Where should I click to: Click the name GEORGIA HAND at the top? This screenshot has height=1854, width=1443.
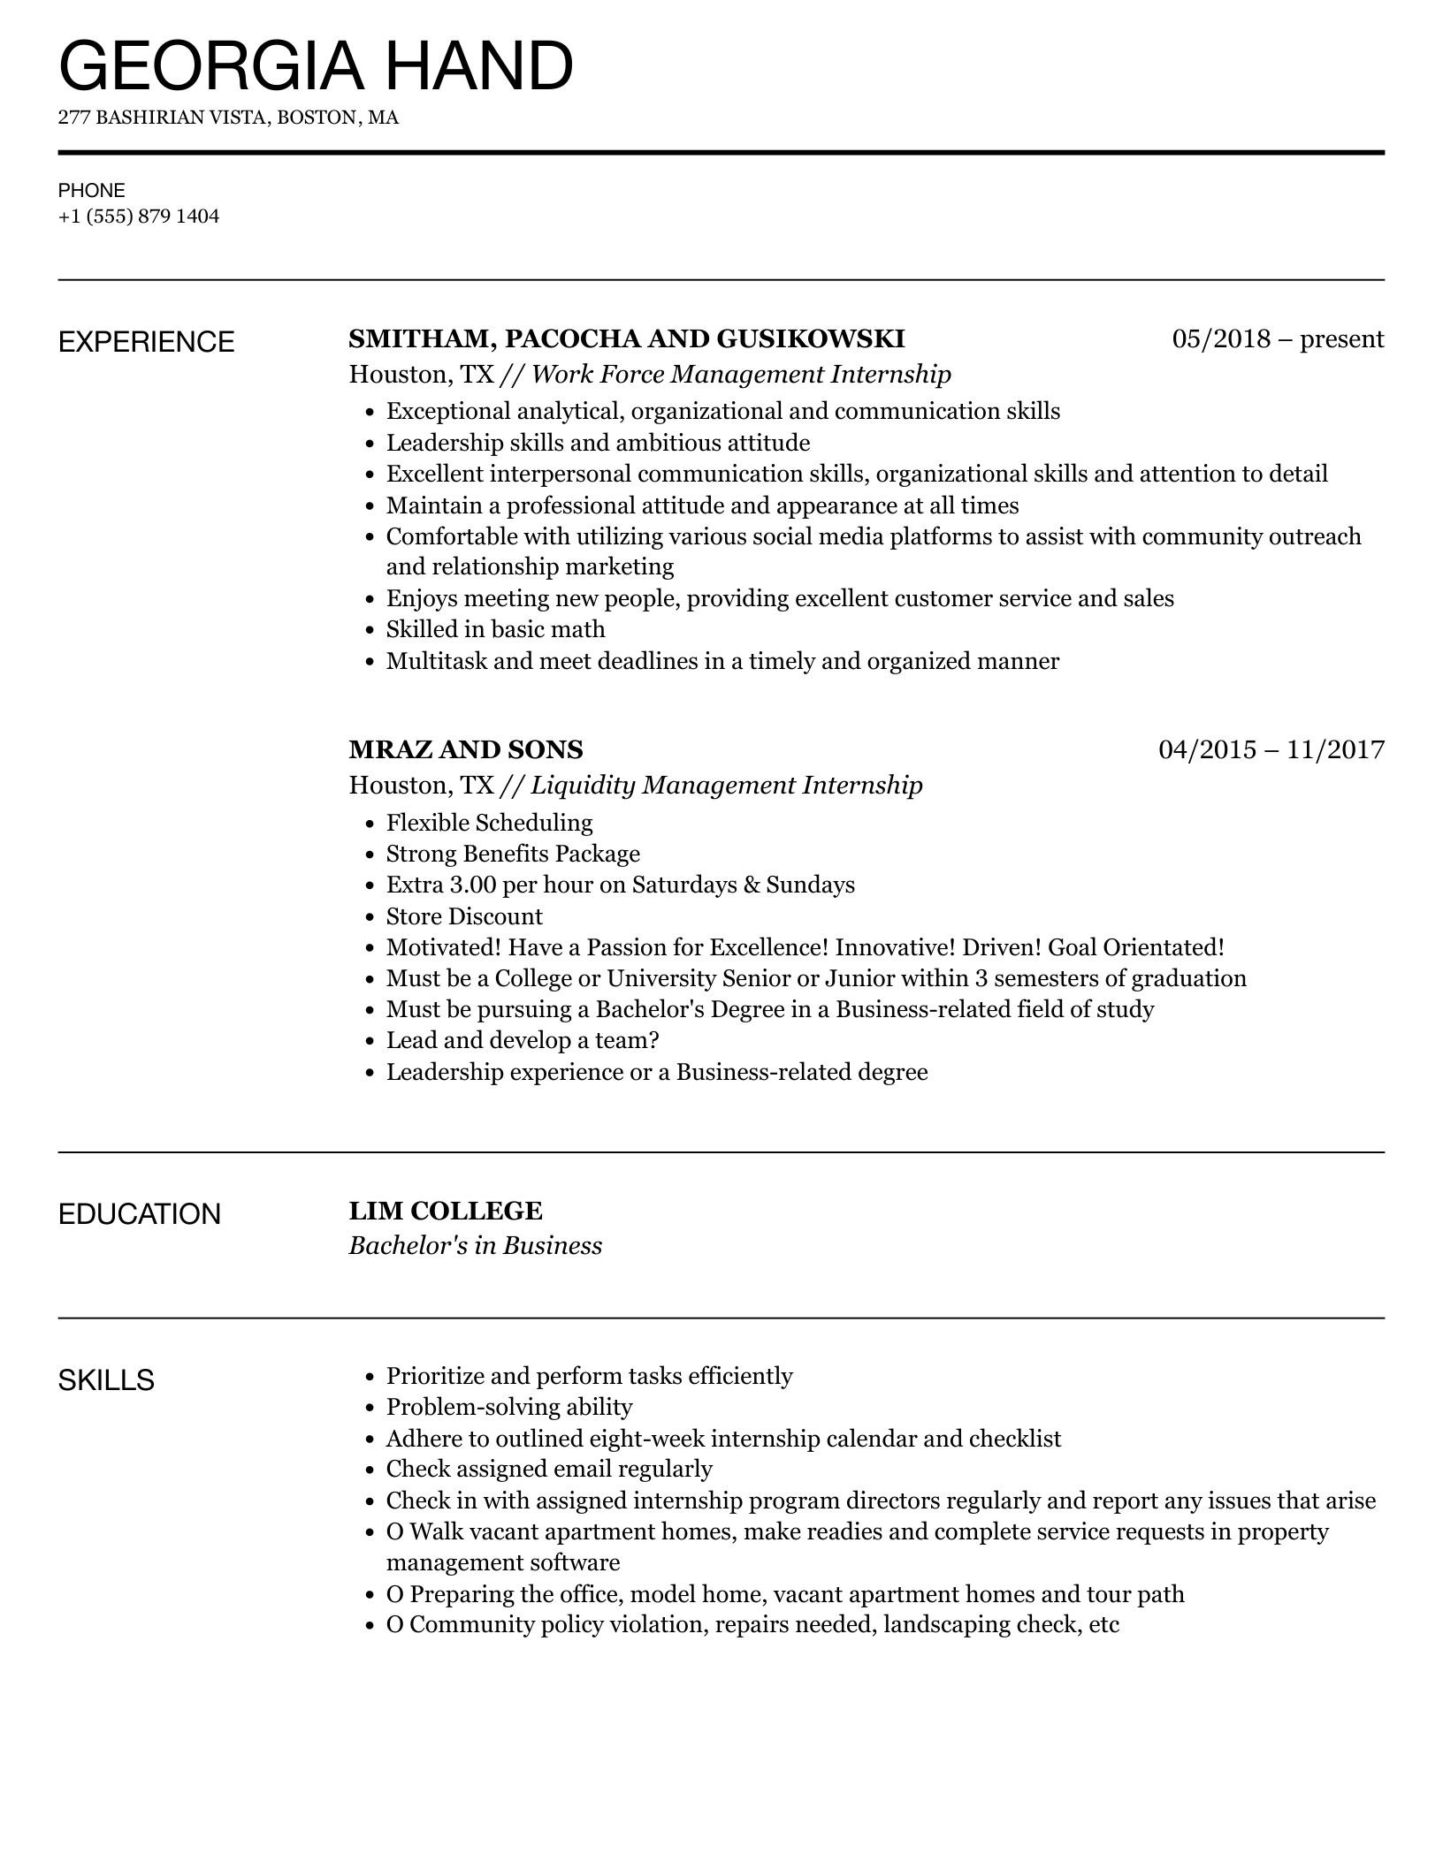pos(316,66)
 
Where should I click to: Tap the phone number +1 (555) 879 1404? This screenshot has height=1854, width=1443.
pos(139,217)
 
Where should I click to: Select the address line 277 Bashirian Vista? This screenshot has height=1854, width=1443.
pos(228,118)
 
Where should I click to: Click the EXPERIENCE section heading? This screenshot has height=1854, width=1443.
pos(147,342)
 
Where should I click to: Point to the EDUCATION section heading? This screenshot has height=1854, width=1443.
pos(140,1214)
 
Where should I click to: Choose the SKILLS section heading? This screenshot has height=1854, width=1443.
pos(106,1380)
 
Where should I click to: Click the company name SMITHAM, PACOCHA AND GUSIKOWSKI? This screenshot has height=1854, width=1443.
pos(627,339)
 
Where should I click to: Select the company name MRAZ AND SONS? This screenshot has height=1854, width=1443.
pos(466,750)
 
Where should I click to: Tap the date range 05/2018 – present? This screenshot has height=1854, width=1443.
pos(1278,339)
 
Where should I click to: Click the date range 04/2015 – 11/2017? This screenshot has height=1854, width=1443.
pos(1271,750)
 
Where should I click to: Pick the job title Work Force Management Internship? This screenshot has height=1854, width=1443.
pos(741,375)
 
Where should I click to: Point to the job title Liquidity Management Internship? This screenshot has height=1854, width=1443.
pos(726,786)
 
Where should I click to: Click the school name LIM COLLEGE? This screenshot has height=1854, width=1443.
pos(446,1212)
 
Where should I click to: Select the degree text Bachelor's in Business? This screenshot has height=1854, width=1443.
pos(476,1246)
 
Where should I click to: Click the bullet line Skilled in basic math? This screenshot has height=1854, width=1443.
pos(495,630)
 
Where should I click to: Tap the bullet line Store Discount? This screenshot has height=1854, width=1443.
pos(464,916)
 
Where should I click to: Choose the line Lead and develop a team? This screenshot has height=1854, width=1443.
pos(523,1041)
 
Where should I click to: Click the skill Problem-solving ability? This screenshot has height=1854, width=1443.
pos(509,1407)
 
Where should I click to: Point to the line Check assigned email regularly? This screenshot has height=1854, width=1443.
pos(549,1470)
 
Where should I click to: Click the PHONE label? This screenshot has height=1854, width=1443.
pos(92,191)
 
